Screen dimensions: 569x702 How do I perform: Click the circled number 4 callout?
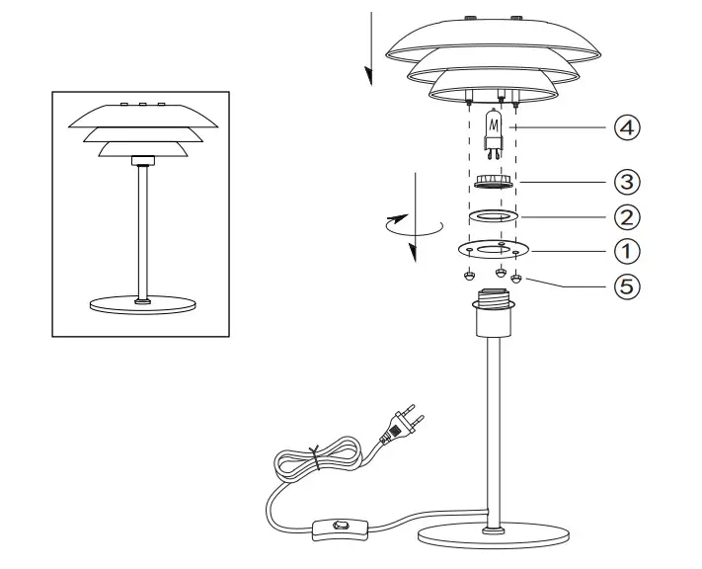pos(627,127)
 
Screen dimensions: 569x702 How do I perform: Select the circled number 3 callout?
pos(627,183)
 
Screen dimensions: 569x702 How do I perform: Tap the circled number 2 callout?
pos(627,216)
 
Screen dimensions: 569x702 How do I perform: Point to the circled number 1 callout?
pos(627,250)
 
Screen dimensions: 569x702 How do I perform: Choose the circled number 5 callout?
pos(627,286)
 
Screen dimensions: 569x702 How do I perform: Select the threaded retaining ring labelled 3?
pos(491,182)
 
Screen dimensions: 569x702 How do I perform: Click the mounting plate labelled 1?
pos(493,249)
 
